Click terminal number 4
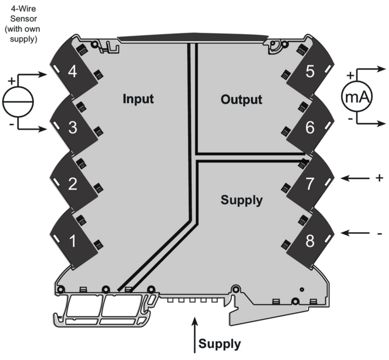tap(72, 72)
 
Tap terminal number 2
tap(72, 184)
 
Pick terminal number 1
tap(72, 241)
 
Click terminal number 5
tap(310, 72)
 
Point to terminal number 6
tap(310, 128)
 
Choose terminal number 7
tap(310, 184)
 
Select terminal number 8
tap(310, 241)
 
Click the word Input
tap(138, 99)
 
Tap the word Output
tap(241, 100)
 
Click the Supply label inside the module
tap(241, 200)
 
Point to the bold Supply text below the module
tap(219, 344)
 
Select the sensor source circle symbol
tap(18, 102)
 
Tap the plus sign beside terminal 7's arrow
tap(379, 178)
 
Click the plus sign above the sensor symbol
tap(11, 81)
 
